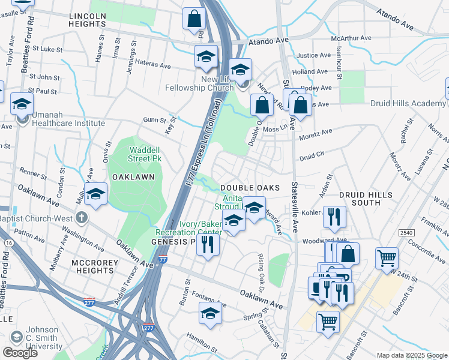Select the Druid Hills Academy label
point(408,103)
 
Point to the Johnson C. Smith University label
point(44,341)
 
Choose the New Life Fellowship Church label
point(200,83)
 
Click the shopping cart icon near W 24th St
point(387,259)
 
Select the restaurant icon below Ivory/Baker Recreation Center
point(208,244)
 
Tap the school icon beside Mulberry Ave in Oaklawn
point(95,194)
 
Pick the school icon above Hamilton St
point(210,313)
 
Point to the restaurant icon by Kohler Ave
point(334,217)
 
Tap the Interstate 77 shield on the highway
point(163,260)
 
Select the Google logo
point(20,353)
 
